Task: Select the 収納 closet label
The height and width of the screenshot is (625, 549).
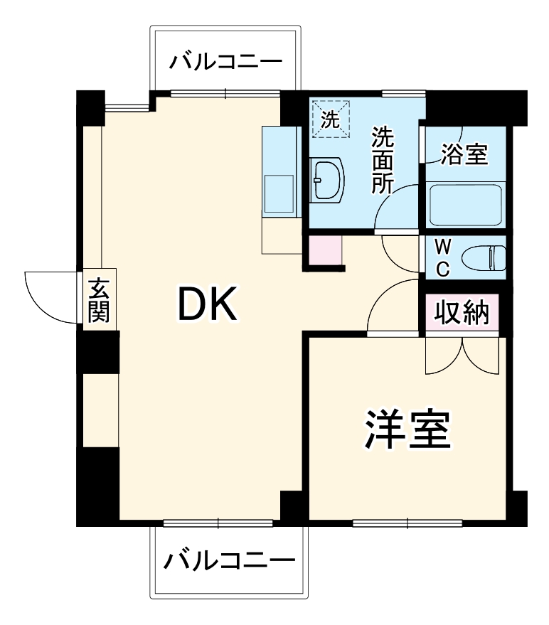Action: click(462, 312)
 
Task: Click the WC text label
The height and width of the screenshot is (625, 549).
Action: click(442, 257)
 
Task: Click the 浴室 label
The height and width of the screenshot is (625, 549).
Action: click(464, 155)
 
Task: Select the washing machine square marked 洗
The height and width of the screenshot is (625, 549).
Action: click(330, 118)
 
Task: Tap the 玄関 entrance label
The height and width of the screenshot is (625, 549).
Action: click(98, 300)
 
